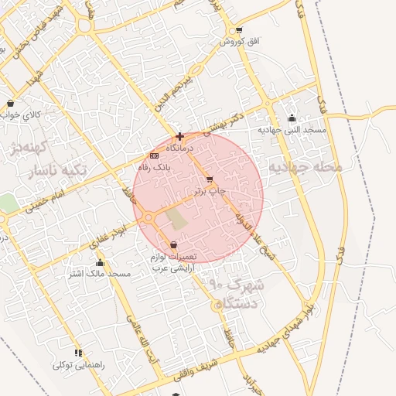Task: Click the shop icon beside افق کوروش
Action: [239, 31]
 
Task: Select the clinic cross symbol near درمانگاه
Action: [179, 136]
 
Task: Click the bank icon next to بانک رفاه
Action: [154, 156]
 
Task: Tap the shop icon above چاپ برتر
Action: [210, 179]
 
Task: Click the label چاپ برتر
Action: [210, 189]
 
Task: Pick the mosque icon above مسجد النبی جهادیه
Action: [292, 118]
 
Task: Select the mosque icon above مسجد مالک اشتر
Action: [101, 263]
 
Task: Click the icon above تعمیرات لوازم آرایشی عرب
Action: [173, 245]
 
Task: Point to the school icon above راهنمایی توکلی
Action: [78, 353]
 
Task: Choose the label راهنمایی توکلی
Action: [78, 364]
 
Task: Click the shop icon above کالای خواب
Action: [10, 103]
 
